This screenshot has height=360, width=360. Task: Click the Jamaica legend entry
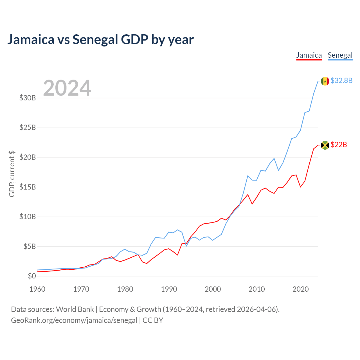pyautogui.click(x=309, y=55)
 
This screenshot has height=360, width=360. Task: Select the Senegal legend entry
pyautogui.click(x=340, y=55)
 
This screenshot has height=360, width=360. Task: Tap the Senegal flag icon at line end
pyautogui.click(x=325, y=81)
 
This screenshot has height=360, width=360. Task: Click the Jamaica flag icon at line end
pyautogui.click(x=325, y=145)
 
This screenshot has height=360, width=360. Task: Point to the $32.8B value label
pyautogui.click(x=341, y=80)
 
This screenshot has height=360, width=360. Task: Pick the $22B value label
pyautogui.click(x=339, y=145)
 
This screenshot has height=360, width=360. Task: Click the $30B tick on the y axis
pyautogui.click(x=28, y=98)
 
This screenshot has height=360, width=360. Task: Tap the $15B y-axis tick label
pyautogui.click(x=28, y=187)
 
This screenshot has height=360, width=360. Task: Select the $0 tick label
pyautogui.click(x=32, y=276)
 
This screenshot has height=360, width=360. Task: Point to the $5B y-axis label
pyautogui.click(x=30, y=246)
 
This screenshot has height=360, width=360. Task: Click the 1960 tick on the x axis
pyautogui.click(x=37, y=289)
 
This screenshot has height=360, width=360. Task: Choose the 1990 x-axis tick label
pyautogui.click(x=169, y=289)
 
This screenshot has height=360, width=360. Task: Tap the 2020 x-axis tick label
pyautogui.click(x=300, y=289)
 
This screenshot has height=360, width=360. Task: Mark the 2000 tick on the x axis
pyautogui.click(x=213, y=289)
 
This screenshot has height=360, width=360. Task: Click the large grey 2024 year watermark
pyautogui.click(x=67, y=88)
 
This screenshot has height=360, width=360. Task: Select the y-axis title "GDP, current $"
pyautogui.click(x=12, y=174)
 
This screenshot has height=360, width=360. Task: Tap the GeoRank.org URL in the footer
pyautogui.click(x=74, y=320)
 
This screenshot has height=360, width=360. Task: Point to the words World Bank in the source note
pyautogui.click(x=75, y=309)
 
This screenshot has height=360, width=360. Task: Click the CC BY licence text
pyautogui.click(x=153, y=320)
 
